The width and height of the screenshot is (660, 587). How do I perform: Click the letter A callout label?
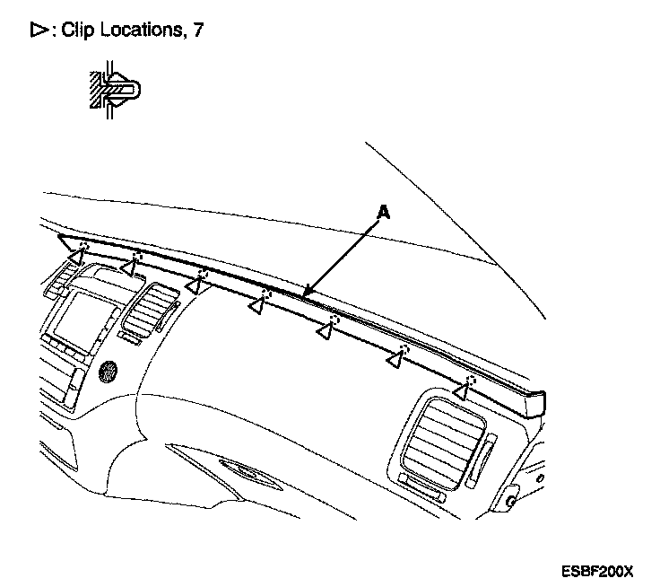pos(384,213)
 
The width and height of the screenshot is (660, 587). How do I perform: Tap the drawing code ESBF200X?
pos(597,570)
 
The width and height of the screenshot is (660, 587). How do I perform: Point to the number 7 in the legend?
pos(197,30)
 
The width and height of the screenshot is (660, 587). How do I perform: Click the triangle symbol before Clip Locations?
pos(38,30)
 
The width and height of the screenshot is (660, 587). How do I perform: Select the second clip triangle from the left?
pos(131,267)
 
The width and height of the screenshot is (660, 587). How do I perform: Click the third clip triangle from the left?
pos(195,285)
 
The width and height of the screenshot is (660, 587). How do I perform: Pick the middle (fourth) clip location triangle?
pos(258,307)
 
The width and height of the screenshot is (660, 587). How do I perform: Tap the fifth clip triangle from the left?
pos(326,332)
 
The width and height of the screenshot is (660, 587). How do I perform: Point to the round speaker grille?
pos(109,369)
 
